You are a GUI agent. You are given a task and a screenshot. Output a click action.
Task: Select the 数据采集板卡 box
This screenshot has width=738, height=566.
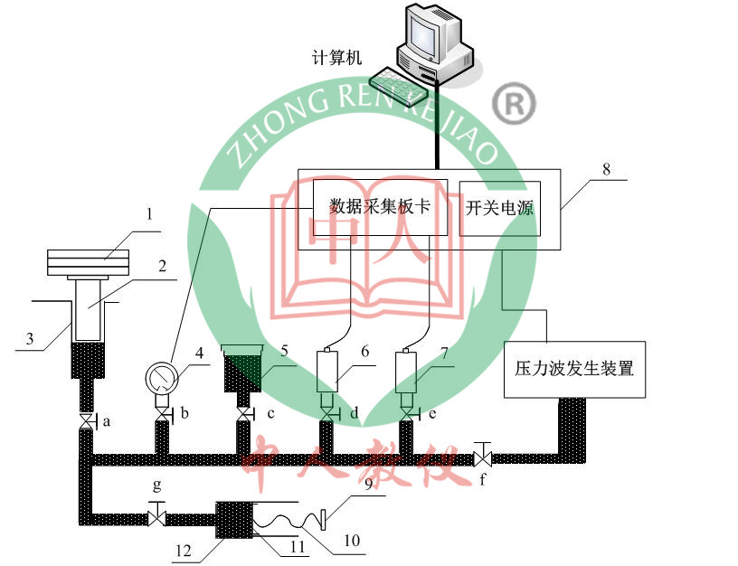tap(379, 207)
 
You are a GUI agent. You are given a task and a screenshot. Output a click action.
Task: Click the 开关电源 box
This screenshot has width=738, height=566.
tap(500, 208)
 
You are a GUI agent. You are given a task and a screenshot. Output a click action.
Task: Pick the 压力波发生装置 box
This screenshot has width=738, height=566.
tap(574, 369)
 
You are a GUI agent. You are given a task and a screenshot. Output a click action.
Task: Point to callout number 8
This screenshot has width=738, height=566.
tap(605, 168)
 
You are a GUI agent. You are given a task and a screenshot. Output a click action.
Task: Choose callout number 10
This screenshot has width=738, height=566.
tap(352, 542)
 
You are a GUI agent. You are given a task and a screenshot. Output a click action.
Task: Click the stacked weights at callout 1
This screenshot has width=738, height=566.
tap(89, 263)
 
